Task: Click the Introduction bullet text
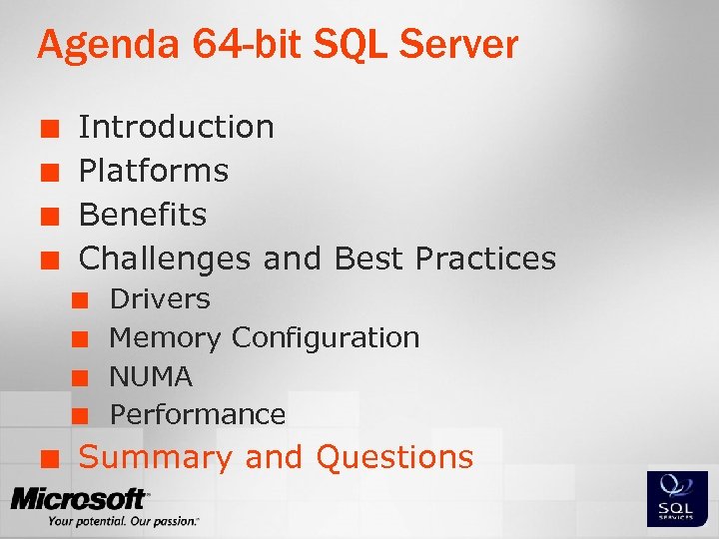[176, 127]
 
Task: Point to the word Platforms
[153, 171]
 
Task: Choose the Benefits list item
[142, 215]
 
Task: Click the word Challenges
[165, 259]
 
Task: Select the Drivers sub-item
[160, 298]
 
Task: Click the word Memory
[165, 338]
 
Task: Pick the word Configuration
[326, 338]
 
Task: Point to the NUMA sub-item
[151, 376]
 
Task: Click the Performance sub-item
[198, 414]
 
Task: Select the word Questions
[394, 457]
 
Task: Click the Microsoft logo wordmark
[80, 498]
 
